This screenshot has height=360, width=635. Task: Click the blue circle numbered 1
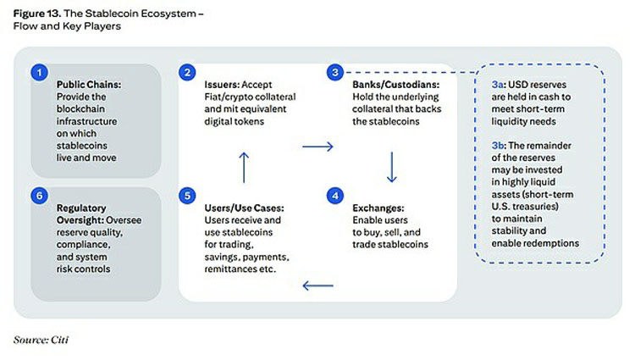click(x=39, y=73)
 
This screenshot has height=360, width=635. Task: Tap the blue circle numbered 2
click(x=187, y=73)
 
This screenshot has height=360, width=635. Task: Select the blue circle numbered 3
click(x=335, y=73)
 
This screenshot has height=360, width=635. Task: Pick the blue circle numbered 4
click(x=335, y=196)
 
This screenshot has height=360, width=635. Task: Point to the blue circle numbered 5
click(x=187, y=196)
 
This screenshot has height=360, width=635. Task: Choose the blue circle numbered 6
click(x=39, y=196)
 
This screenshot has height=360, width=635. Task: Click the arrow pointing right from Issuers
click(x=317, y=147)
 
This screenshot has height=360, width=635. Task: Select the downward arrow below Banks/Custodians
click(x=392, y=167)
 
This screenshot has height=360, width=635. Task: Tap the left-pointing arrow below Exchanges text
click(x=317, y=285)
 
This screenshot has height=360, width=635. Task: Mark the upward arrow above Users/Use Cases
click(x=244, y=167)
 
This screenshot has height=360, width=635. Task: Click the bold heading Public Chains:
click(x=89, y=85)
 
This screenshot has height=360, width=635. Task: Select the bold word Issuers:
click(x=222, y=85)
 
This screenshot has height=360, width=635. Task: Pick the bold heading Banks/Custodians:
click(x=395, y=85)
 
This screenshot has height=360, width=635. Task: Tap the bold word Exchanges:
click(x=378, y=208)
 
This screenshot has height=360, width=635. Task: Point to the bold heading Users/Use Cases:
click(x=244, y=208)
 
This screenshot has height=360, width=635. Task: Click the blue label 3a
click(x=498, y=85)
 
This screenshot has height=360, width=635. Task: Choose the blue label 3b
click(x=498, y=146)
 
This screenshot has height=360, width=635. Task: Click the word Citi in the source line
click(x=60, y=340)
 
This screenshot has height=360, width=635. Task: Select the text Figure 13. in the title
click(x=37, y=14)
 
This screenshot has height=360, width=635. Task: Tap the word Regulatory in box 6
click(x=81, y=208)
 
